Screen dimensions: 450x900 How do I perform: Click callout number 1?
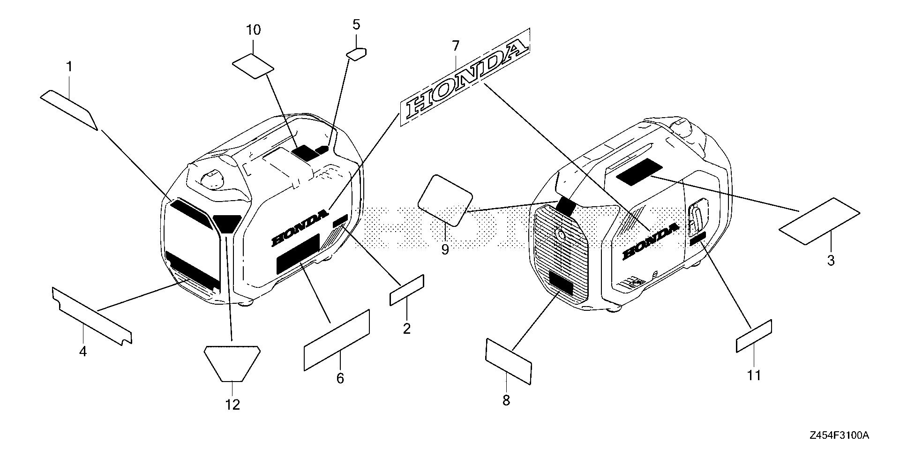pyautogui.click(x=69, y=67)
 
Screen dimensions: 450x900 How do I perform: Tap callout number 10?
pyautogui.click(x=253, y=30)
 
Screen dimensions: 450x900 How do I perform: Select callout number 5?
pyautogui.click(x=356, y=25)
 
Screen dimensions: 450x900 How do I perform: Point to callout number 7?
pyautogui.click(x=455, y=46)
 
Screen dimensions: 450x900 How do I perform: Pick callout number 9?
pyautogui.click(x=445, y=249)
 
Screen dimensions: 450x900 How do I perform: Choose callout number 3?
pyautogui.click(x=831, y=261)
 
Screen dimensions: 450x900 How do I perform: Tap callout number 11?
pyautogui.click(x=754, y=375)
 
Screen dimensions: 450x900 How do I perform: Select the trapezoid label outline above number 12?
pyautogui.click(x=232, y=363)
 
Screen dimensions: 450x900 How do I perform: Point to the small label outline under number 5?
pyautogui.click(x=357, y=53)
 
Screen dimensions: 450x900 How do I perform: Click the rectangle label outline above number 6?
pyautogui.click(x=337, y=339)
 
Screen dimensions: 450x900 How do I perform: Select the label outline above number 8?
pyautogui.click(x=509, y=360)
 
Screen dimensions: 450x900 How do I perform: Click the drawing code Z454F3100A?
pyautogui.click(x=839, y=435)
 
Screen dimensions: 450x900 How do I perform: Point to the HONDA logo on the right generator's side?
pyautogui.click(x=650, y=240)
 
